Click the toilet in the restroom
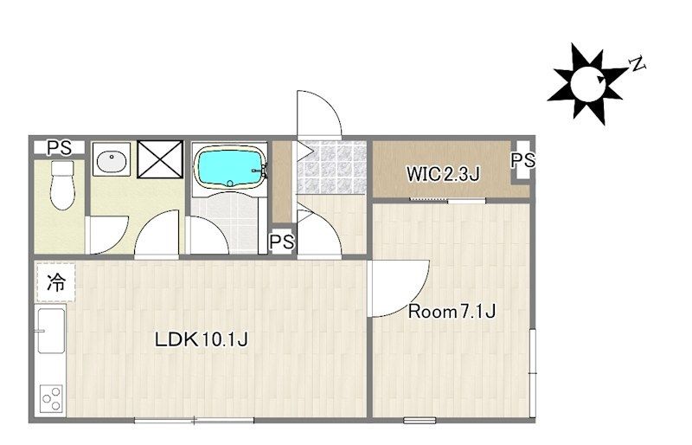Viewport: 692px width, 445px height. pos(61,184)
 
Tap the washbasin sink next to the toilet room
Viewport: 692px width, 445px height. pos(112,159)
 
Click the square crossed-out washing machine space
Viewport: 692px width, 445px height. pos(160,159)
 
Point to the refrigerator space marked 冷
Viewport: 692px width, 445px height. pos(56,282)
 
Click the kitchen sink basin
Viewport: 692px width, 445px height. pos(51,331)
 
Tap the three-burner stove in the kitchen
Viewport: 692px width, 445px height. pos(51,398)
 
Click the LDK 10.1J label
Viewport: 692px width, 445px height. pos(202,339)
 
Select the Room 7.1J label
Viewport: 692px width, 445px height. pos(452,312)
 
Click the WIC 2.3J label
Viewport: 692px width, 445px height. pos(443,174)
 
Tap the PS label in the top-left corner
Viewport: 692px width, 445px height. pos(60,148)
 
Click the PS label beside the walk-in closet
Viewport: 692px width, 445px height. pos(523,160)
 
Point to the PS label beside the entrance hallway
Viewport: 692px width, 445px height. pos(282,242)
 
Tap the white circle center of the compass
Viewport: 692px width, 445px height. pos(587,83)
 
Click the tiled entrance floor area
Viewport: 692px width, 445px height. pos(331,167)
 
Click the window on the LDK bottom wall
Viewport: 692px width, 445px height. pos(194,420)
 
